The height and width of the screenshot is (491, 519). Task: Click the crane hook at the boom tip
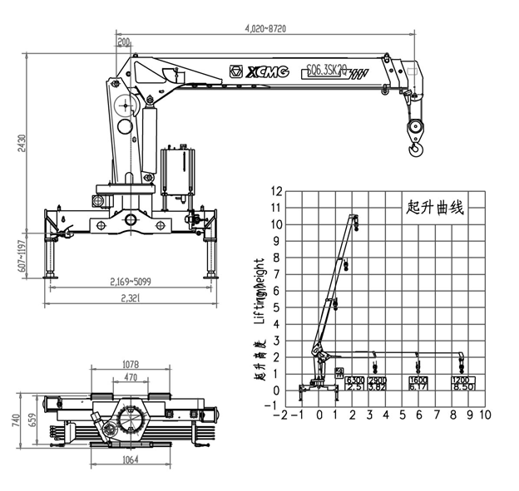point(415,138)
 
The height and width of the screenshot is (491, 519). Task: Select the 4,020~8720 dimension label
point(266,27)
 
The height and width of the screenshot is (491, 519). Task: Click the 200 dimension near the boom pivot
point(124,42)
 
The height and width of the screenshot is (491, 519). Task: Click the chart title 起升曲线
point(434,207)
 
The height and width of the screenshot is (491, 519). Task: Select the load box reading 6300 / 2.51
point(355,383)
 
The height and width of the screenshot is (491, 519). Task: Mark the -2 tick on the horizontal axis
point(284,414)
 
